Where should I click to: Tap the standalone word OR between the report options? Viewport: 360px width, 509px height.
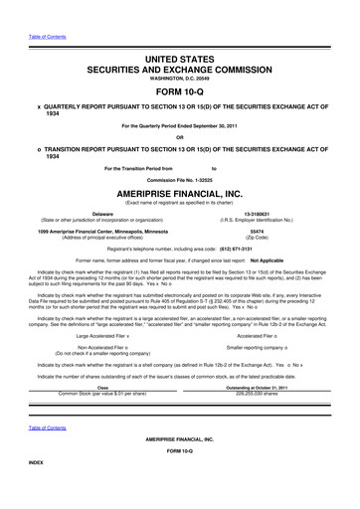(181, 137)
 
